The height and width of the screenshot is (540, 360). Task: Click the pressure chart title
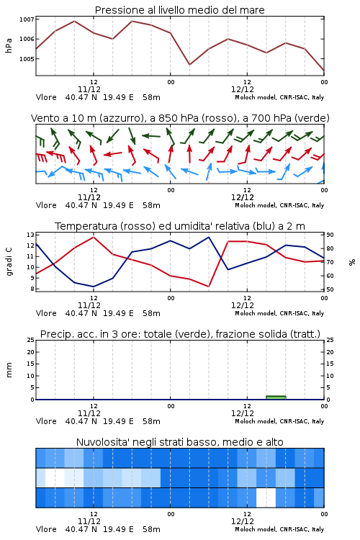(179, 10)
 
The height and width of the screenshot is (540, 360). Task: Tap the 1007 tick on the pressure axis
(27, 19)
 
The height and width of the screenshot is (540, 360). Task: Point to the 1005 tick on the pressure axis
(27, 59)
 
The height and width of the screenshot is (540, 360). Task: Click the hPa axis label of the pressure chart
(9, 45)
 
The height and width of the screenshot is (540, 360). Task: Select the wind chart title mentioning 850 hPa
(180, 118)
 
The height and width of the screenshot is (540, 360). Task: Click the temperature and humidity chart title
(180, 226)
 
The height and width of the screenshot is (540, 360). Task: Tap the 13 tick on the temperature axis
(30, 235)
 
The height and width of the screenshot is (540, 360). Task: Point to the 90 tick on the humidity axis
(330, 235)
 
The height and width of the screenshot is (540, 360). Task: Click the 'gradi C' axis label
(9, 262)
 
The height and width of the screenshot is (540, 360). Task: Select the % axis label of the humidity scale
(352, 262)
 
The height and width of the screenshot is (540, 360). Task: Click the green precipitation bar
(276, 397)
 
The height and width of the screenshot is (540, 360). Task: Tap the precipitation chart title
(180, 334)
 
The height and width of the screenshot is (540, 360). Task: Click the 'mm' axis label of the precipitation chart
(9, 370)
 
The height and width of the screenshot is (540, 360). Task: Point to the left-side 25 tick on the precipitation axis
(30, 340)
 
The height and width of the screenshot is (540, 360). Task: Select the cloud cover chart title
(179, 442)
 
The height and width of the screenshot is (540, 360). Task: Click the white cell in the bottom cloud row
(266, 498)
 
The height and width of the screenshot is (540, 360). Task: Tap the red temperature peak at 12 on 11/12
(94, 237)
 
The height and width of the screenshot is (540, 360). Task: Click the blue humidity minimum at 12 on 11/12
(94, 287)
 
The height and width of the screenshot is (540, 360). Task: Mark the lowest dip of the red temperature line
(208, 286)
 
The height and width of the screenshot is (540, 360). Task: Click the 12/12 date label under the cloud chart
(243, 521)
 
